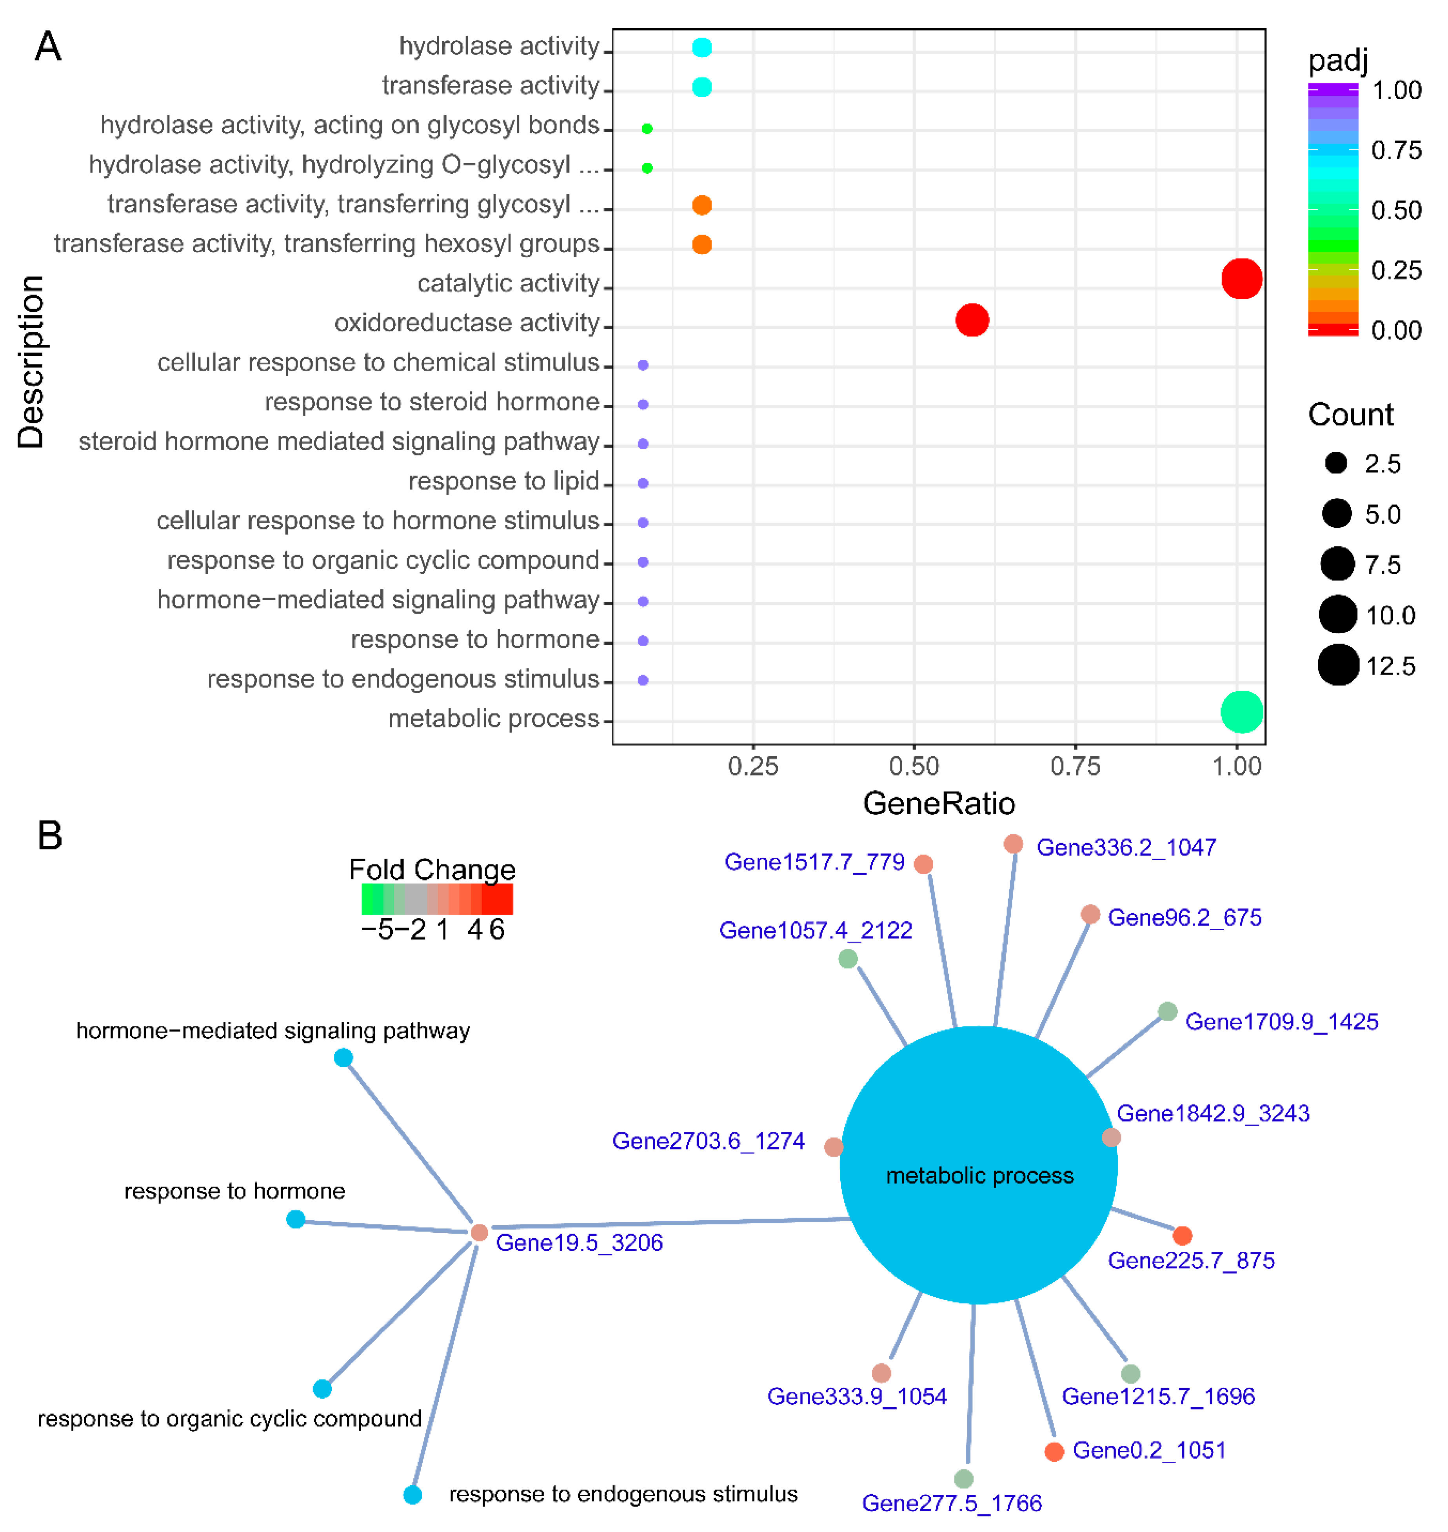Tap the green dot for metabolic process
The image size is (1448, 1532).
coord(1241,711)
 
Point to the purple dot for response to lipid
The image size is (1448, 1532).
coord(643,483)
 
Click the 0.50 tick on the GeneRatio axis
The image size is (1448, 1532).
coord(914,766)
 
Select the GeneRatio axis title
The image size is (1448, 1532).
coord(939,803)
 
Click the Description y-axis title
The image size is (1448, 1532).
coord(31,361)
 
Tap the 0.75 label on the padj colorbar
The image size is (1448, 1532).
coord(1395,150)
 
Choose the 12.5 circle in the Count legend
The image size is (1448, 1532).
coord(1337,665)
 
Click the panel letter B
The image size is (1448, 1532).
coord(49,835)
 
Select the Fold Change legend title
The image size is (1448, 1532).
coord(432,870)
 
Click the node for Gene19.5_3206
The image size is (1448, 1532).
coord(479,1232)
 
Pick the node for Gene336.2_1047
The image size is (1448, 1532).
coord(1014,844)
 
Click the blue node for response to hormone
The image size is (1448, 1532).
coord(296,1219)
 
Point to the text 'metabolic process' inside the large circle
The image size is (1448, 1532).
coord(979,1175)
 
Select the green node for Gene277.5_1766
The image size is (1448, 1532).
coord(963,1479)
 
